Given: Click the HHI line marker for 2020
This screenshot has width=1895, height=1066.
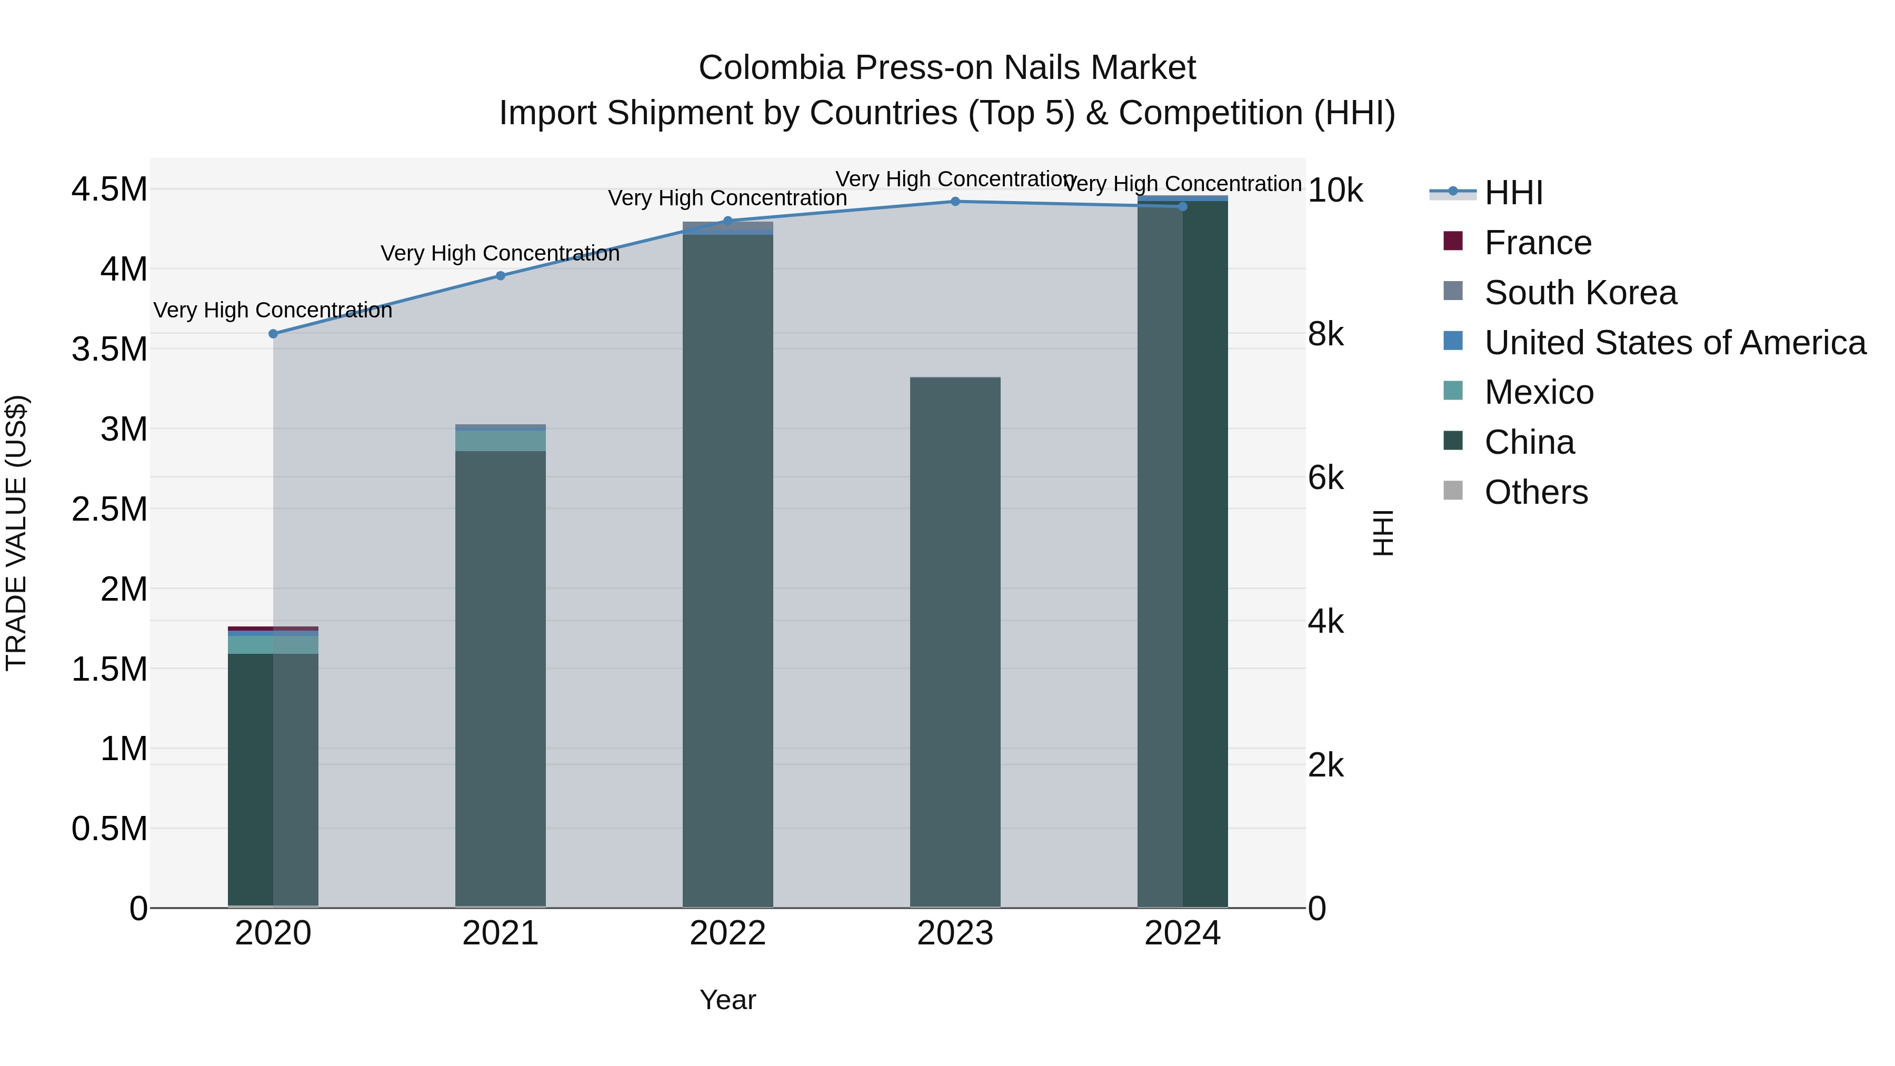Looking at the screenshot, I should pos(273,334).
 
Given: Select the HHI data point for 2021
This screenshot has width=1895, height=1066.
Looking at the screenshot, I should pos(500,276).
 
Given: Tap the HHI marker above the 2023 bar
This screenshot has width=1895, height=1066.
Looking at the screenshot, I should pos(955,202).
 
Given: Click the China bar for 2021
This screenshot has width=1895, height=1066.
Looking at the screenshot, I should pos(500,677).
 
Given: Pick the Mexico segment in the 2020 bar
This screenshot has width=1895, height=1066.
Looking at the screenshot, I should pos(273,644).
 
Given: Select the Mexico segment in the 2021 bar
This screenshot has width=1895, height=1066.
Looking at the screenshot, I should pos(500,441).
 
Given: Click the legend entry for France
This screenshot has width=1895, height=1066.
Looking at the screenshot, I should pos(1538,243).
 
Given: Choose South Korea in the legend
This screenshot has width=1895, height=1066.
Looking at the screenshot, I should pos(1580,293).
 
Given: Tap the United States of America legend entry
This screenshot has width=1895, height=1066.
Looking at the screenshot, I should pos(1674,343).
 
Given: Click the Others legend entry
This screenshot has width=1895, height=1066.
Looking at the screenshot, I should pos(1536,492).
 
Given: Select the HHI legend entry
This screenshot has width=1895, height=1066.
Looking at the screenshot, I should pos(1513,193).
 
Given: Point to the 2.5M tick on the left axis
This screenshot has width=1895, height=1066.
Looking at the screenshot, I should pos(109,509).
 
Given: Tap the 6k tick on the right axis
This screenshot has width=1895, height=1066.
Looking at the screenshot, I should pos(1325,478).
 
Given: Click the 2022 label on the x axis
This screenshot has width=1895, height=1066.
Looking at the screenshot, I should pos(727,933).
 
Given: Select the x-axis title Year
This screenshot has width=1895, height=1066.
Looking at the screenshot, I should pos(727,1000).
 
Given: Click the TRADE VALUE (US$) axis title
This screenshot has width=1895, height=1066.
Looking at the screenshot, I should pos(16,533).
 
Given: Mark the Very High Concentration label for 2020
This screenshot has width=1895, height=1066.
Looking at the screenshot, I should pos(273,311).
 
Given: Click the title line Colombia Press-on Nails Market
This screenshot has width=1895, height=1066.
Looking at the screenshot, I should pos(947,68).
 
